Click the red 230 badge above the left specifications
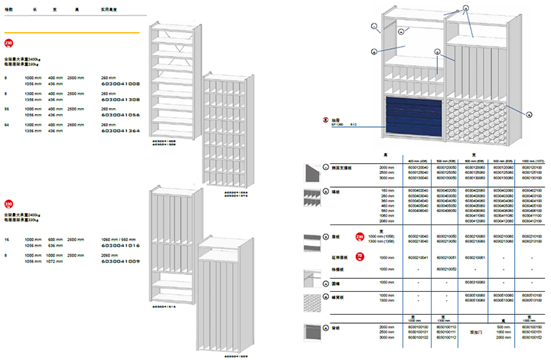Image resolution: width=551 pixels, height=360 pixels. click(x=8, y=43)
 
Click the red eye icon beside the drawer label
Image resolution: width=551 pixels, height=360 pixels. click(x=325, y=121)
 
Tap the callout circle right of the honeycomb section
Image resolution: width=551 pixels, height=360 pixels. click(x=529, y=113)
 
